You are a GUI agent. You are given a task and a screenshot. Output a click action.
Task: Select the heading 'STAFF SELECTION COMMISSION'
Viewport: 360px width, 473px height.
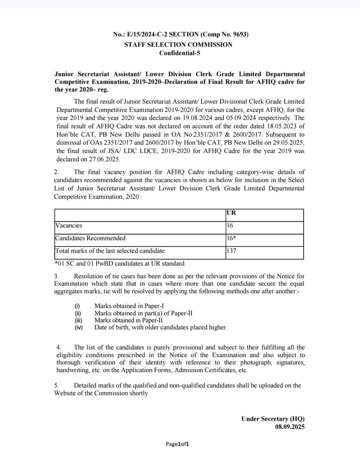178,45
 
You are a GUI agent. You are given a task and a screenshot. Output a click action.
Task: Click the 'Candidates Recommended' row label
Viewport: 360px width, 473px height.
91,238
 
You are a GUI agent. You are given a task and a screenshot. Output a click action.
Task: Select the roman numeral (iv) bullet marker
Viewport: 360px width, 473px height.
78,327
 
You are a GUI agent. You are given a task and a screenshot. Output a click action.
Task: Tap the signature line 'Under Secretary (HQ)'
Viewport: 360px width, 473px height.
273,419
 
